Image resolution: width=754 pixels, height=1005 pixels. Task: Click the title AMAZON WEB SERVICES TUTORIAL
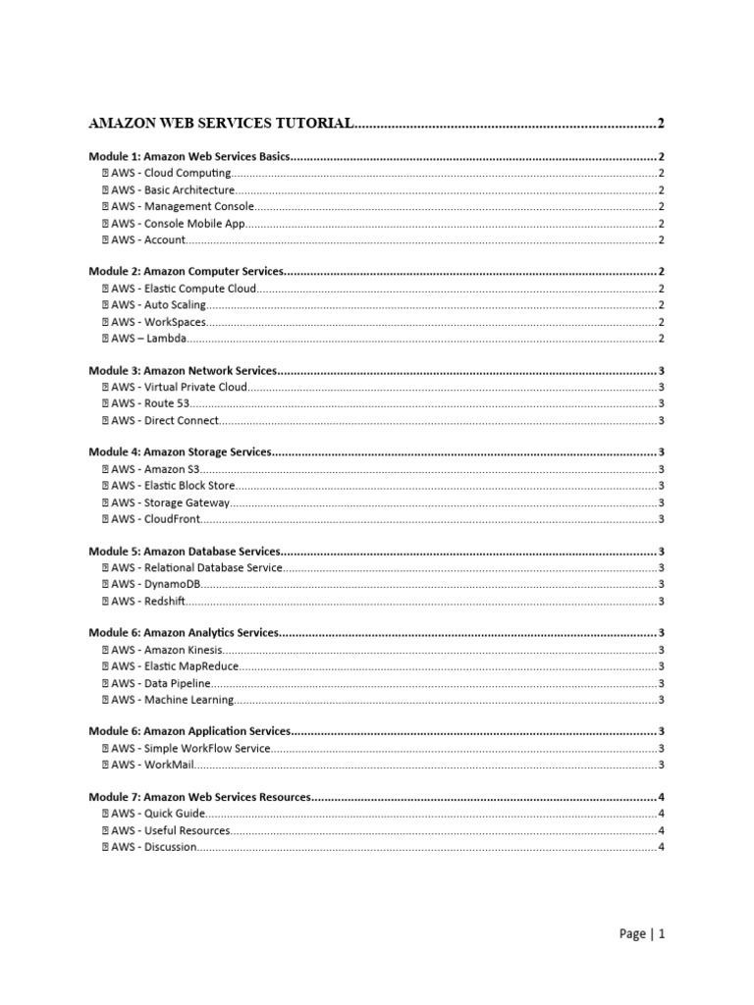tap(220, 124)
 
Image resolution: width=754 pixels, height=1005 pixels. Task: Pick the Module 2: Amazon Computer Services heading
tap(187, 271)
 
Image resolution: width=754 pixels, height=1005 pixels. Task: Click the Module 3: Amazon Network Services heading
tap(184, 371)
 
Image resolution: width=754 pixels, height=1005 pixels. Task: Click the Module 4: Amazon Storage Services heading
tap(180, 452)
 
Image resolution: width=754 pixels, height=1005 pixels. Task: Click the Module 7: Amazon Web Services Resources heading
tap(200, 797)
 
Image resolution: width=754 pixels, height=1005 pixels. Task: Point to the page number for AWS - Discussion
tap(662, 847)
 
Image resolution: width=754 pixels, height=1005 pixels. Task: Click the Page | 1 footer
tap(643, 934)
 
